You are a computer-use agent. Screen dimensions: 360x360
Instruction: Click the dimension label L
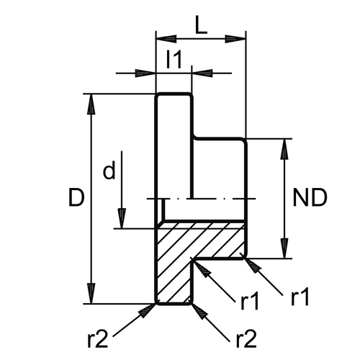tap(201, 25)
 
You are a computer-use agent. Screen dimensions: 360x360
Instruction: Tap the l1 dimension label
tap(174, 59)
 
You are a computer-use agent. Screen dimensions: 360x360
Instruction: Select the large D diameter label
tap(76, 198)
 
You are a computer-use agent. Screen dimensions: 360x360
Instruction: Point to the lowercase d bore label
tap(109, 170)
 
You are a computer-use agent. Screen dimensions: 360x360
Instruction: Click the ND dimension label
tap(310, 198)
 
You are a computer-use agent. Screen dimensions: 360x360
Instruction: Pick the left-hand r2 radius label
tap(97, 339)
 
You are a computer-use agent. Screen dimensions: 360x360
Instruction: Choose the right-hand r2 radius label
tap(246, 339)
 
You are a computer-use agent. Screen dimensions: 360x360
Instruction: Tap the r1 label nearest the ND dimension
tap(300, 297)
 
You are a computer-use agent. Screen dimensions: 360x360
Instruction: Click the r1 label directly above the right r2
tap(250, 302)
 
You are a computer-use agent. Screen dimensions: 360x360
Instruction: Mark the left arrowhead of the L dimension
tap(166, 39)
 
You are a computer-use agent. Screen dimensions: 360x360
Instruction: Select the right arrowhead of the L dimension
tap(235, 39)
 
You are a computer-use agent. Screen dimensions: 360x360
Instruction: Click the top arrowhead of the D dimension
tap(91, 104)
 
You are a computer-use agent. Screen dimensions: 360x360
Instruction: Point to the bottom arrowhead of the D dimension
tap(91, 294)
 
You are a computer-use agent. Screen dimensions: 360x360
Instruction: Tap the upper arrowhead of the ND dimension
tap(284, 149)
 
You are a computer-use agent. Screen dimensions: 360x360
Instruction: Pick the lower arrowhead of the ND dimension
tap(284, 248)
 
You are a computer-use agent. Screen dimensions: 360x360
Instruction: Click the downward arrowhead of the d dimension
tap(122, 218)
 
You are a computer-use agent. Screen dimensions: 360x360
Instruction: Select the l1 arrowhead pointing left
tap(202, 73)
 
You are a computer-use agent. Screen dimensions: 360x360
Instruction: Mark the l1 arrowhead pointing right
tap(145, 73)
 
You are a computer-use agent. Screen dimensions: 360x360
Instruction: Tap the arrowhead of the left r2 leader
tap(146, 311)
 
